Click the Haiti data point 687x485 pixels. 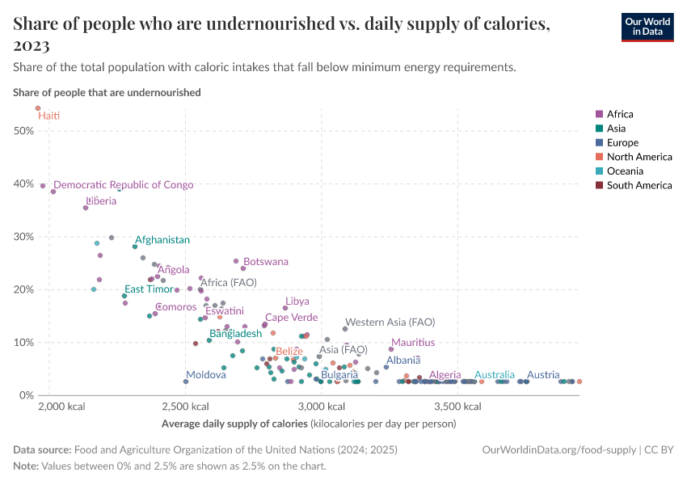coord(37,108)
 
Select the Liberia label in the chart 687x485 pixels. coord(101,201)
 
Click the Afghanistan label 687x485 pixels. coord(162,240)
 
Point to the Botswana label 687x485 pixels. coord(266,262)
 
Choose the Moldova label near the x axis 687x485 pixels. coord(206,376)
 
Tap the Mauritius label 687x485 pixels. coord(412,343)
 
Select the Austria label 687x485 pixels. coord(543,375)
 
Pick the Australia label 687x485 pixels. coord(494,375)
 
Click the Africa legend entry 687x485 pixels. coord(620,114)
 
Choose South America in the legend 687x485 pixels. coord(639,186)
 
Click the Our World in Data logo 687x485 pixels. coord(647,26)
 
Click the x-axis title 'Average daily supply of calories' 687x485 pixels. coord(234,424)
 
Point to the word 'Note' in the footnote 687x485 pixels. coord(26,466)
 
